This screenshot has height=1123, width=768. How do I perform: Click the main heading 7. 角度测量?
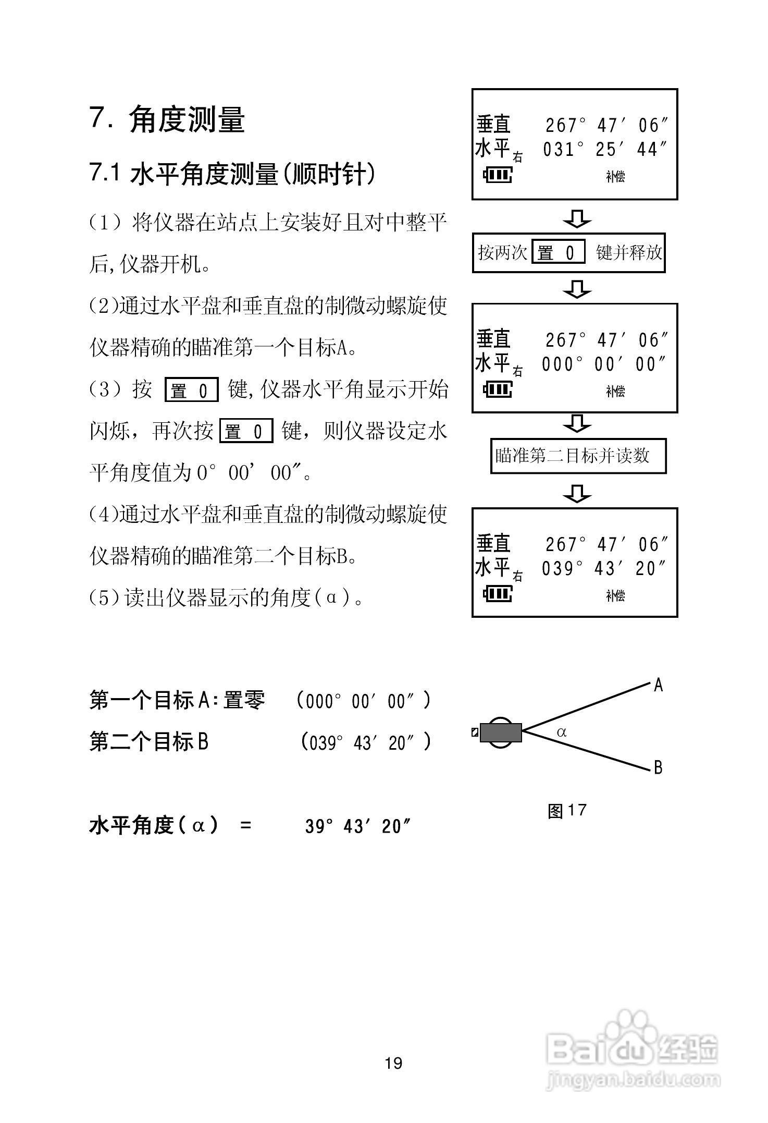pyautogui.click(x=167, y=119)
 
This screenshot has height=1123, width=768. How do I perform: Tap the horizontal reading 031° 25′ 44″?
pyautogui.click(x=604, y=150)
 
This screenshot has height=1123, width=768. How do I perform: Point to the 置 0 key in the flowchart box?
pyautogui.click(x=558, y=253)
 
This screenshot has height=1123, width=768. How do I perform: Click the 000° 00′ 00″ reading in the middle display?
pyautogui.click(x=604, y=364)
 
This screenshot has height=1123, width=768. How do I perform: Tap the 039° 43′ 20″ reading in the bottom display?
pyautogui.click(x=604, y=569)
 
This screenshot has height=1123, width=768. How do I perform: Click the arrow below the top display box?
pyautogui.click(x=577, y=218)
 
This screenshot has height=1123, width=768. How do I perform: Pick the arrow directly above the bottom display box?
pyautogui.click(x=577, y=493)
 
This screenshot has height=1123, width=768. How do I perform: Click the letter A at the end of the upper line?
pyautogui.click(x=659, y=685)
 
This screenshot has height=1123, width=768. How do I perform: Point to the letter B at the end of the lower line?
pyautogui.click(x=658, y=767)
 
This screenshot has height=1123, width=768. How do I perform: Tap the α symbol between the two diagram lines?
pyautogui.click(x=562, y=732)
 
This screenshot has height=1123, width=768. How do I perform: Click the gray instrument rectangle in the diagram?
pyautogui.click(x=500, y=732)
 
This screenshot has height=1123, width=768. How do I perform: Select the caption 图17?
pyautogui.click(x=567, y=810)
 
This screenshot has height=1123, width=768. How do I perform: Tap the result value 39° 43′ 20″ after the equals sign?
pyautogui.click(x=358, y=826)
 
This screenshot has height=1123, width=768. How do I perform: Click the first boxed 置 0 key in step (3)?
pyautogui.click(x=191, y=390)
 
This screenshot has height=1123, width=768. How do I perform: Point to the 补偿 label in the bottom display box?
pyautogui.click(x=615, y=595)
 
